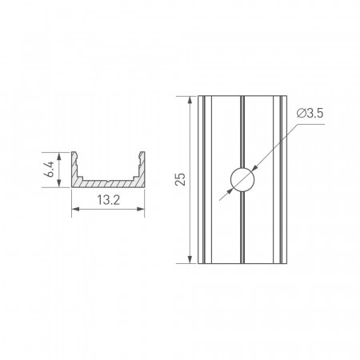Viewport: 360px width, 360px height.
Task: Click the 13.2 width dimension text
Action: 108,200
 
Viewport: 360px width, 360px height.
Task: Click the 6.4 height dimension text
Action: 49,169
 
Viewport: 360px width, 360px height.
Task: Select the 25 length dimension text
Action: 180,179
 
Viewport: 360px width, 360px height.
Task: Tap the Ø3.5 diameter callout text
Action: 310,114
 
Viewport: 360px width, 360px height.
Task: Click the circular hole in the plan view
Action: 242,179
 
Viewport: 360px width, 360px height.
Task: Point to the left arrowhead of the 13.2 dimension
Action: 75,209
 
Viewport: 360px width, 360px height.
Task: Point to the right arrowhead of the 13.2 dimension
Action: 141,209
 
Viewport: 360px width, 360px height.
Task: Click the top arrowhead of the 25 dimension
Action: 190,100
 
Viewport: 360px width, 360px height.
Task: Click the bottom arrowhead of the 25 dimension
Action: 190,259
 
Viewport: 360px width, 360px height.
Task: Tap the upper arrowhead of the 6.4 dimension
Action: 59,156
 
